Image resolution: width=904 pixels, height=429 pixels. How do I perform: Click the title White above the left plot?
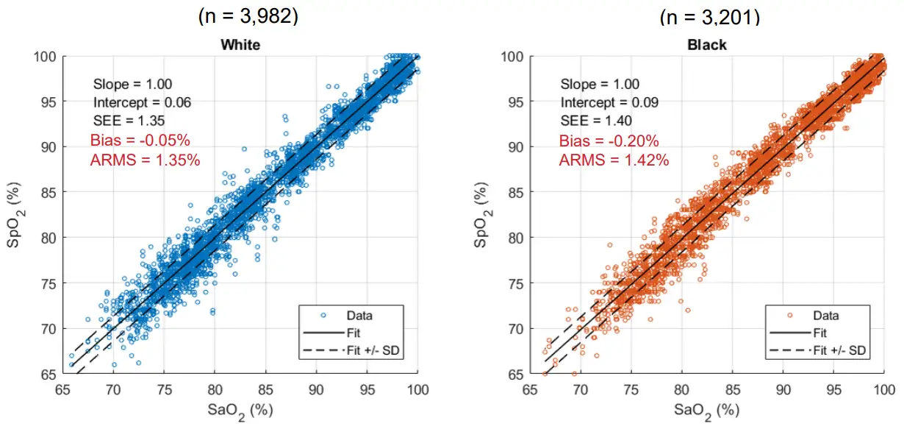point(240,45)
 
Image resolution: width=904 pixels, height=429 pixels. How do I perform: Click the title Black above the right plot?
point(706,45)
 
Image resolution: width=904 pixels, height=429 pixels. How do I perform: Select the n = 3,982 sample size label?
point(248,15)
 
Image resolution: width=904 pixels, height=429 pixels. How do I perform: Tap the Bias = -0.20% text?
point(609,141)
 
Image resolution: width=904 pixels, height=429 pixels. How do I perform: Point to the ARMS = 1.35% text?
point(145,160)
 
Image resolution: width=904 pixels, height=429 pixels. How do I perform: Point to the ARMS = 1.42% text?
point(614,160)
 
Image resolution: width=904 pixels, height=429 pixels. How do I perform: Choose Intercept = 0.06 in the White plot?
point(143,102)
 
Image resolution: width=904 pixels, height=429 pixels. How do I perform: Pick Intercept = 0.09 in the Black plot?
point(609,102)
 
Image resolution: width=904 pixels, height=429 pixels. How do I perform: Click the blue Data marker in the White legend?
point(323,316)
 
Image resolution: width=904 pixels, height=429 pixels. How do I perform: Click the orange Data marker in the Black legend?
point(790,316)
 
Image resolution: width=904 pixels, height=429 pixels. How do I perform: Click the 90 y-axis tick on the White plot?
point(49,146)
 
